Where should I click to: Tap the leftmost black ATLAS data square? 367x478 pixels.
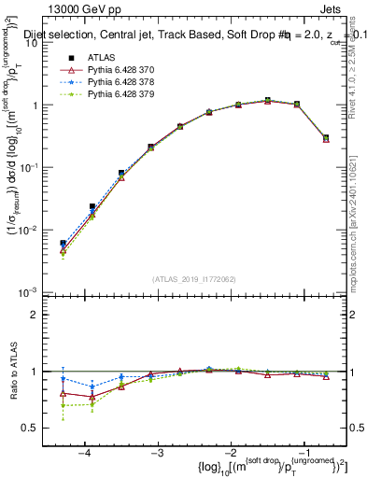click(x=63, y=243)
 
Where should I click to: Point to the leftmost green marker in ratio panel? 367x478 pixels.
click(x=63, y=405)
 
